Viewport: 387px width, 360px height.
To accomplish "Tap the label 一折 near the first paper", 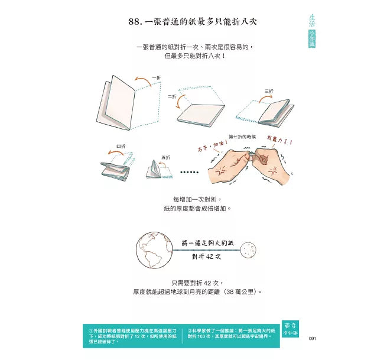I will point(156,77).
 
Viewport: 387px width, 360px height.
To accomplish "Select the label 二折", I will point(171,96).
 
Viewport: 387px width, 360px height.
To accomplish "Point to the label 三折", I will point(269,91).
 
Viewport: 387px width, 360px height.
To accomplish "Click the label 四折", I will point(121,146).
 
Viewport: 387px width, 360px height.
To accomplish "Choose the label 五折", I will point(166,157).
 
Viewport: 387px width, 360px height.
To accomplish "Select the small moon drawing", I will point(249,250).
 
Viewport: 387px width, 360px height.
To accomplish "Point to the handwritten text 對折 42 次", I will point(206,257).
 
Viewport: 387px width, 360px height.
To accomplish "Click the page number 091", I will point(313,338).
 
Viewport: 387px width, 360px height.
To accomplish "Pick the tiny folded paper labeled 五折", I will point(155,170).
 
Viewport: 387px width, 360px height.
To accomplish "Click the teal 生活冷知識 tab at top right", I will point(312,30).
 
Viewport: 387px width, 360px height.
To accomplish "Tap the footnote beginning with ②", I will point(230,333).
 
